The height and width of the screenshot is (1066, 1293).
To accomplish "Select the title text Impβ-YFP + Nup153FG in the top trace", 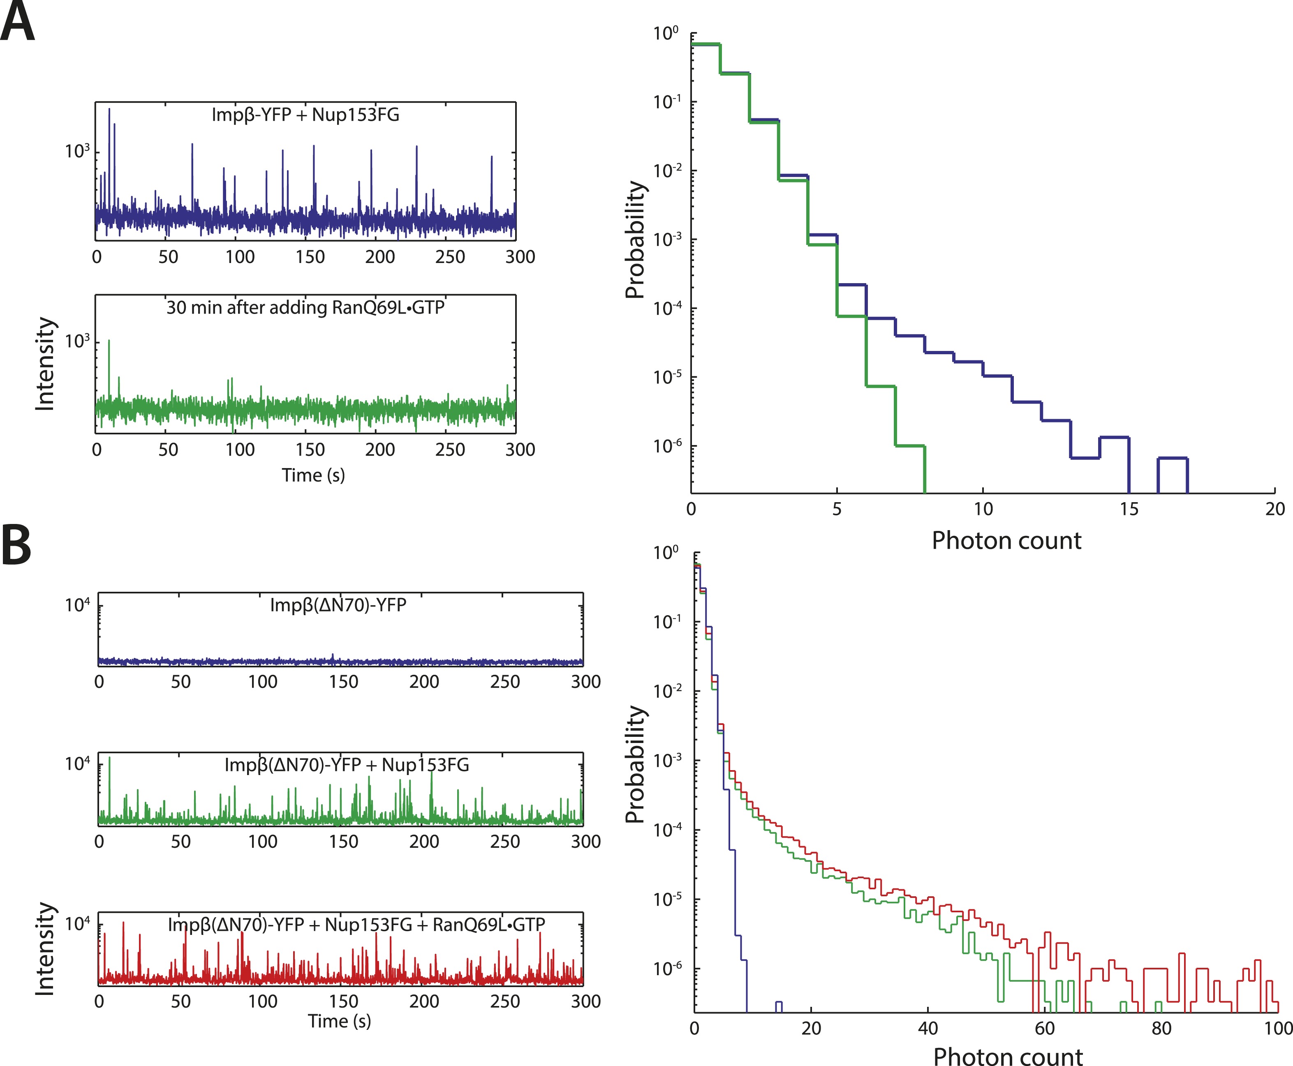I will point(305,115).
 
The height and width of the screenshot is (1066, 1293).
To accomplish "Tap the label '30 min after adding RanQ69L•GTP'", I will point(305,307).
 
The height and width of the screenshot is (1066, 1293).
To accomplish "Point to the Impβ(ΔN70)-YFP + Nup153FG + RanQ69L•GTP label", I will point(356,925).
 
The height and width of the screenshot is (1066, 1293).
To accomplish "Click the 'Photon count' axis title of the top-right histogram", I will point(1006,541).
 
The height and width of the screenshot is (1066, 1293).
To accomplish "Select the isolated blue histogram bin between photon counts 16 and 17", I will point(1173,459).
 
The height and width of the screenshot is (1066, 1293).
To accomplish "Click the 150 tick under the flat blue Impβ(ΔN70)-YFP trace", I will point(343,682).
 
